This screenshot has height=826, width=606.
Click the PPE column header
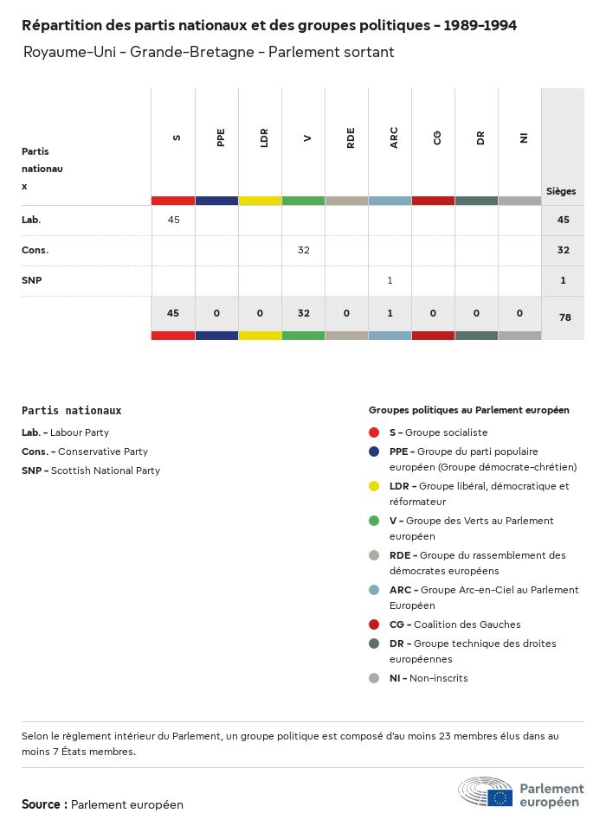221,138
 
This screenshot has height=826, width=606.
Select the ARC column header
394,138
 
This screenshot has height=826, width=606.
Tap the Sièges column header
561,191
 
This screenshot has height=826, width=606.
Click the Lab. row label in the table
31,220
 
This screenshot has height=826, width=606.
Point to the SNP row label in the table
32,280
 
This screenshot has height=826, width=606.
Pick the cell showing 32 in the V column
303,250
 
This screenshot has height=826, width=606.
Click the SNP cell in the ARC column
390,280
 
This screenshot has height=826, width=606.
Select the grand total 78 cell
564,317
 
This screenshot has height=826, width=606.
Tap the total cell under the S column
173,313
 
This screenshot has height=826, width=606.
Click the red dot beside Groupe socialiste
374,432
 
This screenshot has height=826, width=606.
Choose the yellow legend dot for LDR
374,486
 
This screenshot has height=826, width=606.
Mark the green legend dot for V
374,521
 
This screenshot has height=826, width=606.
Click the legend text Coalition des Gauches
467,624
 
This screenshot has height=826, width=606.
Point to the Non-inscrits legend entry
437,678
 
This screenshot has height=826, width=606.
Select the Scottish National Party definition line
91,471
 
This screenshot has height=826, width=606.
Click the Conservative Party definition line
85,451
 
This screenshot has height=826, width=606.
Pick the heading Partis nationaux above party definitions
71,411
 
